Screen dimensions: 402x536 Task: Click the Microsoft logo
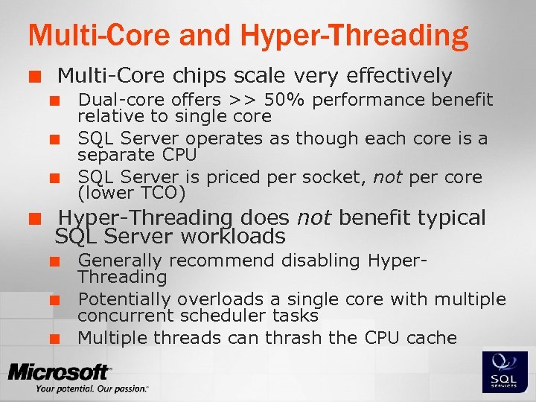pos(60,371)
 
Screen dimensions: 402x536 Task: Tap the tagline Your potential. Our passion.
pos(91,389)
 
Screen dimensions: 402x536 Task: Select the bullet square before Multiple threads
pos(54,339)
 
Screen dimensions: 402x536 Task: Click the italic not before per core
pos(387,177)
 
